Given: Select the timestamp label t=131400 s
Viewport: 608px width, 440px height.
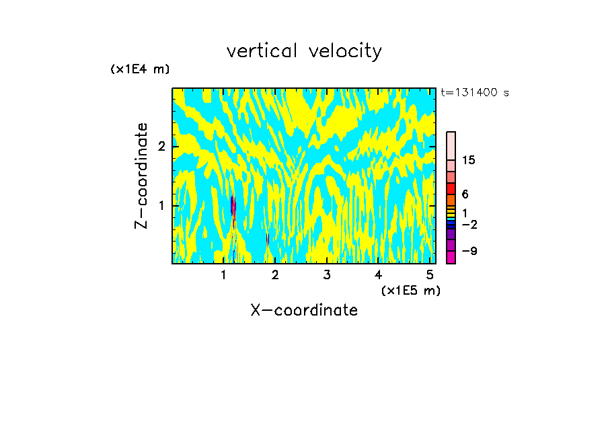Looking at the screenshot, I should [474, 92].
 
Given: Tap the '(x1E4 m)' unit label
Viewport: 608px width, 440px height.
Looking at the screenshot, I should [140, 69].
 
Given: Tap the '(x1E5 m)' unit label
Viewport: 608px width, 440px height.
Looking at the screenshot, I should [410, 290].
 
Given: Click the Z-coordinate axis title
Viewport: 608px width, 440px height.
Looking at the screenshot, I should [141, 176].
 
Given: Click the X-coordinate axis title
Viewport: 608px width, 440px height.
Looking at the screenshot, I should [304, 310].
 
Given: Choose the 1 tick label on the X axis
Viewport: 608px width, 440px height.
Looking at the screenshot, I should [223, 275].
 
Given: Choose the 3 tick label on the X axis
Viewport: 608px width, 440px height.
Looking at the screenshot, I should [326, 275].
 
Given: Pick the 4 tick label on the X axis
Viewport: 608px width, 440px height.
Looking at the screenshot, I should [378, 275].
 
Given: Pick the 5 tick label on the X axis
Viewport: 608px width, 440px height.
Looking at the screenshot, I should [430, 275].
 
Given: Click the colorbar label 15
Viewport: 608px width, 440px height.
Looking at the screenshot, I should [469, 160].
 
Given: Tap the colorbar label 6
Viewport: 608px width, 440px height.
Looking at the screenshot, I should [465, 194].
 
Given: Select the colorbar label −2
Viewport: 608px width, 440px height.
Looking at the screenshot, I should [469, 224].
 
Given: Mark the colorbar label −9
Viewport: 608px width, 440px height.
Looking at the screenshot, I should [469, 251].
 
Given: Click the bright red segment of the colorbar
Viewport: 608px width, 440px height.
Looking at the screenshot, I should [451, 188].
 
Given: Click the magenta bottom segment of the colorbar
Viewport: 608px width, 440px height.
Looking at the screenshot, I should [451, 257].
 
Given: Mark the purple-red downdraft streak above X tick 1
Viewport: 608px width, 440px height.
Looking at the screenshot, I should [233, 205].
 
